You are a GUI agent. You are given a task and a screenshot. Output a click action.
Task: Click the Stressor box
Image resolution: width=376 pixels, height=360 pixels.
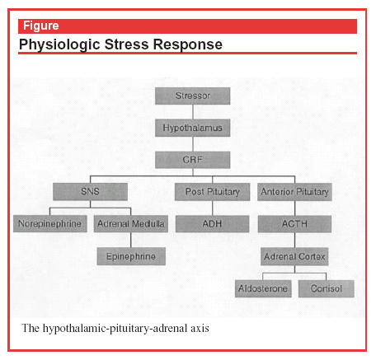point(192,96)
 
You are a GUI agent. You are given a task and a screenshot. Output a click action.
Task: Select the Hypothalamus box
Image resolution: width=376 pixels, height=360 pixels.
point(192,128)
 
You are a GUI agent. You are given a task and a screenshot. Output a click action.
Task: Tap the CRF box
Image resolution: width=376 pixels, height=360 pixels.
point(192,160)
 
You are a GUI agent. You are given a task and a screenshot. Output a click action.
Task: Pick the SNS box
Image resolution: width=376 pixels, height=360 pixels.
point(90,191)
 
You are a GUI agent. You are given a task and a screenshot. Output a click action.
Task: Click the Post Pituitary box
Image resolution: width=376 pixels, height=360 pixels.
point(212,192)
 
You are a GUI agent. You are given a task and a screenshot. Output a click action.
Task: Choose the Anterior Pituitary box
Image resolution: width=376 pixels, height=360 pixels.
point(294,192)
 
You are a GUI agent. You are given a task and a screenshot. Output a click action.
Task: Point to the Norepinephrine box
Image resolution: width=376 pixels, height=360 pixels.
point(50,223)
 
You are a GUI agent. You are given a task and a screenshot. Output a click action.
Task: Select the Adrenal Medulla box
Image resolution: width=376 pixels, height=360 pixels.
point(131,224)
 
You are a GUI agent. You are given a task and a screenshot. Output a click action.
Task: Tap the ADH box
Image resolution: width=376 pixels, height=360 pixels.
point(212,224)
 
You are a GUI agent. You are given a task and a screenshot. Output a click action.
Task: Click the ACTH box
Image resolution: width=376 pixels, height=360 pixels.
point(294,224)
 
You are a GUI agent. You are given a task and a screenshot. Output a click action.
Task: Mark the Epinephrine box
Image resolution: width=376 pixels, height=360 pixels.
point(131,256)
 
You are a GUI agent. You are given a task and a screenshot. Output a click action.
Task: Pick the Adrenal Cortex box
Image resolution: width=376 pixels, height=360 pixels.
point(294,256)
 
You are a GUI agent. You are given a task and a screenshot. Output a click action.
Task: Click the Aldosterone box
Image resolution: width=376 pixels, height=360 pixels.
point(263,288)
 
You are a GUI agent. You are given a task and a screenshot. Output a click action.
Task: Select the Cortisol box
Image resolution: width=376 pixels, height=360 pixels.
point(327,288)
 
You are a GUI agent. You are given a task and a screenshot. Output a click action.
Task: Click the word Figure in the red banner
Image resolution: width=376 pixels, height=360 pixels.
point(41,26)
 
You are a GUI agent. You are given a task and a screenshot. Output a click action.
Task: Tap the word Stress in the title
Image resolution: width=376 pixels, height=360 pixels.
point(127,44)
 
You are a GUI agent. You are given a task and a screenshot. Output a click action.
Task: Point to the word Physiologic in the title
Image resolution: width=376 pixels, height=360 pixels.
point(59,44)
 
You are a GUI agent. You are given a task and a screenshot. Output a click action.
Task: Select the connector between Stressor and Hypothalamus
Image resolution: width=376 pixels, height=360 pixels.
point(193,112)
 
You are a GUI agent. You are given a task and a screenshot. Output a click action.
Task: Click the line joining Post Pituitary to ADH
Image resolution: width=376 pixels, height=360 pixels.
point(213,208)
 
